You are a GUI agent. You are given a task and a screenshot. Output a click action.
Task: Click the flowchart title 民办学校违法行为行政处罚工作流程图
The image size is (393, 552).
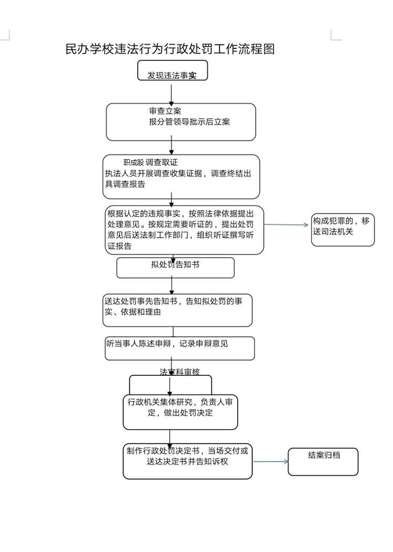[170, 49]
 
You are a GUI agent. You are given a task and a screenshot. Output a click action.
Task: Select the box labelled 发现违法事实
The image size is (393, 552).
[172, 71]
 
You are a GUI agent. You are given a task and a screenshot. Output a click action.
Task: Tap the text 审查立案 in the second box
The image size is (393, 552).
[165, 111]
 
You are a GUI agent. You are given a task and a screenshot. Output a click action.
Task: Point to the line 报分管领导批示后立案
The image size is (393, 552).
[189, 122]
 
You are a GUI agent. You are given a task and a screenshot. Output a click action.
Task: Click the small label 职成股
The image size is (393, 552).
[133, 162]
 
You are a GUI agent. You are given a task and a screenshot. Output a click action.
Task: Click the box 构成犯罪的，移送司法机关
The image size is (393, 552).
[343, 230]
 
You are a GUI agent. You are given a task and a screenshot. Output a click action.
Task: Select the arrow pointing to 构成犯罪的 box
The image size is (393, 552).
[287, 225]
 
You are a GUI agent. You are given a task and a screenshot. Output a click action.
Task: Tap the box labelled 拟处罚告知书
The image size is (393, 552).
[175, 267]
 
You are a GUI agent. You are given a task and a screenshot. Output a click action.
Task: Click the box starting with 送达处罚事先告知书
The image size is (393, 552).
[178, 310]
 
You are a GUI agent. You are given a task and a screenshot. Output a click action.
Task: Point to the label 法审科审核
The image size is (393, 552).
[180, 372]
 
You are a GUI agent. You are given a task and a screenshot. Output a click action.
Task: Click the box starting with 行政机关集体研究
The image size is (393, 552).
[180, 411]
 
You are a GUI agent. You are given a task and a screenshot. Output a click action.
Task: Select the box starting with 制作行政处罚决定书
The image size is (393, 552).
[188, 461]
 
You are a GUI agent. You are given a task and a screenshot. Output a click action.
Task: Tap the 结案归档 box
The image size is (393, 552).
[323, 461]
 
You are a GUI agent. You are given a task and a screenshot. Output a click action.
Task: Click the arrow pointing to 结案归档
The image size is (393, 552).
[271, 462]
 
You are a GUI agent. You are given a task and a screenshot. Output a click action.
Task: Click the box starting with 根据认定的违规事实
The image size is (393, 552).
[184, 230]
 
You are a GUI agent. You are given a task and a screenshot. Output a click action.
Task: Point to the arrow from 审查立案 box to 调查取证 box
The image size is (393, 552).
[172, 148]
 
